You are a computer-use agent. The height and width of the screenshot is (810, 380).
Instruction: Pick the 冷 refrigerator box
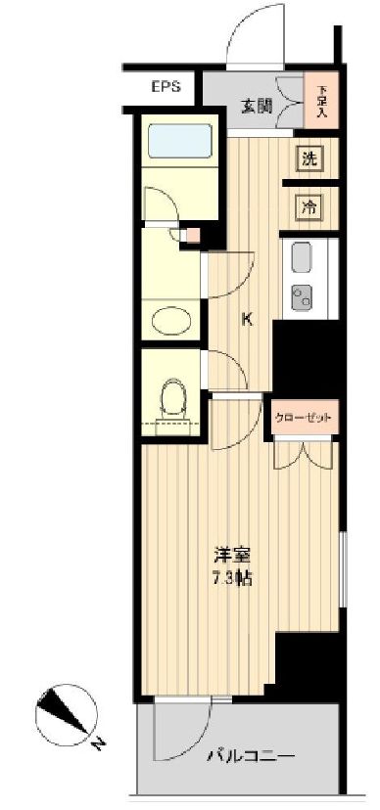point(309,206)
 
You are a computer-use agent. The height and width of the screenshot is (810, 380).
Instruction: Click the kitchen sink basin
point(299,259)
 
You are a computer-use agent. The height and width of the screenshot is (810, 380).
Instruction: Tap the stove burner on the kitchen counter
point(299,294)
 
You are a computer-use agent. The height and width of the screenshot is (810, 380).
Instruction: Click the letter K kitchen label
point(249,318)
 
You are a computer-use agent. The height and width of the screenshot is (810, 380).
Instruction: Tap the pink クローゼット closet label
point(307,418)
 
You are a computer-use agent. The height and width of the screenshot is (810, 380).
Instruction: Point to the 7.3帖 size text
point(232,578)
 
